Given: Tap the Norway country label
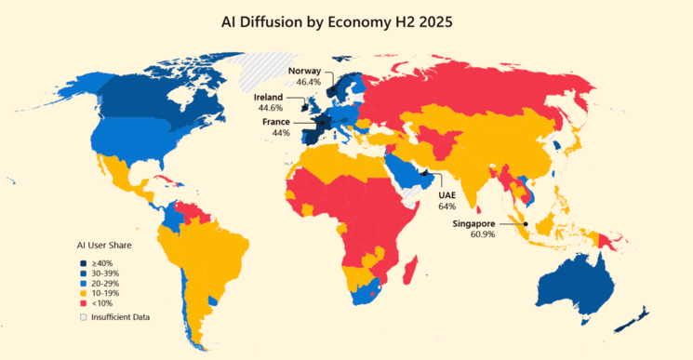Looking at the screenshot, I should pyautogui.click(x=304, y=71).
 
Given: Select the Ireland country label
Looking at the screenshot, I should pyautogui.click(x=268, y=97).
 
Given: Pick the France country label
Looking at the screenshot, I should pyautogui.click(x=276, y=122).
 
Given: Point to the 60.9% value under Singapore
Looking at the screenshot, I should pyautogui.click(x=474, y=234).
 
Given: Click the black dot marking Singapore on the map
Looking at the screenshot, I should pyautogui.click(x=526, y=223).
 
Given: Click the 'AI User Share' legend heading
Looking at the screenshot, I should pyautogui.click(x=103, y=246).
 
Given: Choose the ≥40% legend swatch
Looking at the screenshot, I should pyautogui.click(x=83, y=262).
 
